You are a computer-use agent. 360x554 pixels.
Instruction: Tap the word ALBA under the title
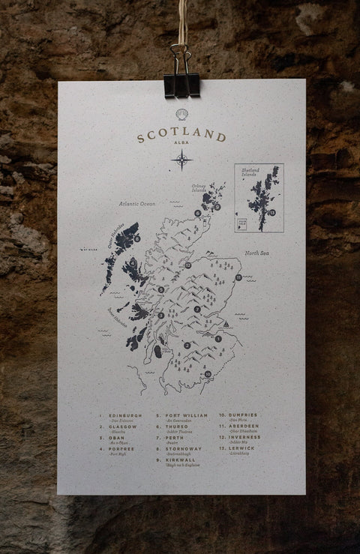[181, 148]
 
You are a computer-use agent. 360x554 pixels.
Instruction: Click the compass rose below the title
[181, 160]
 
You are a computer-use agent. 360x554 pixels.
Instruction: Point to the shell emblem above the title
[181, 115]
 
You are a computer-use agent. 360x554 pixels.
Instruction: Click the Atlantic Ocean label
[136, 203]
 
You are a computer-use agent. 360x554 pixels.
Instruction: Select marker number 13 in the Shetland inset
[272, 213]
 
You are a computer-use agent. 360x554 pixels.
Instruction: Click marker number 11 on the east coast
[238, 278]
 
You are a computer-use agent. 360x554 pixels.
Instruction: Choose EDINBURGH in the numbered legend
[124, 415]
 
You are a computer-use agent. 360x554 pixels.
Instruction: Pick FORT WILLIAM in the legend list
[184, 415]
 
